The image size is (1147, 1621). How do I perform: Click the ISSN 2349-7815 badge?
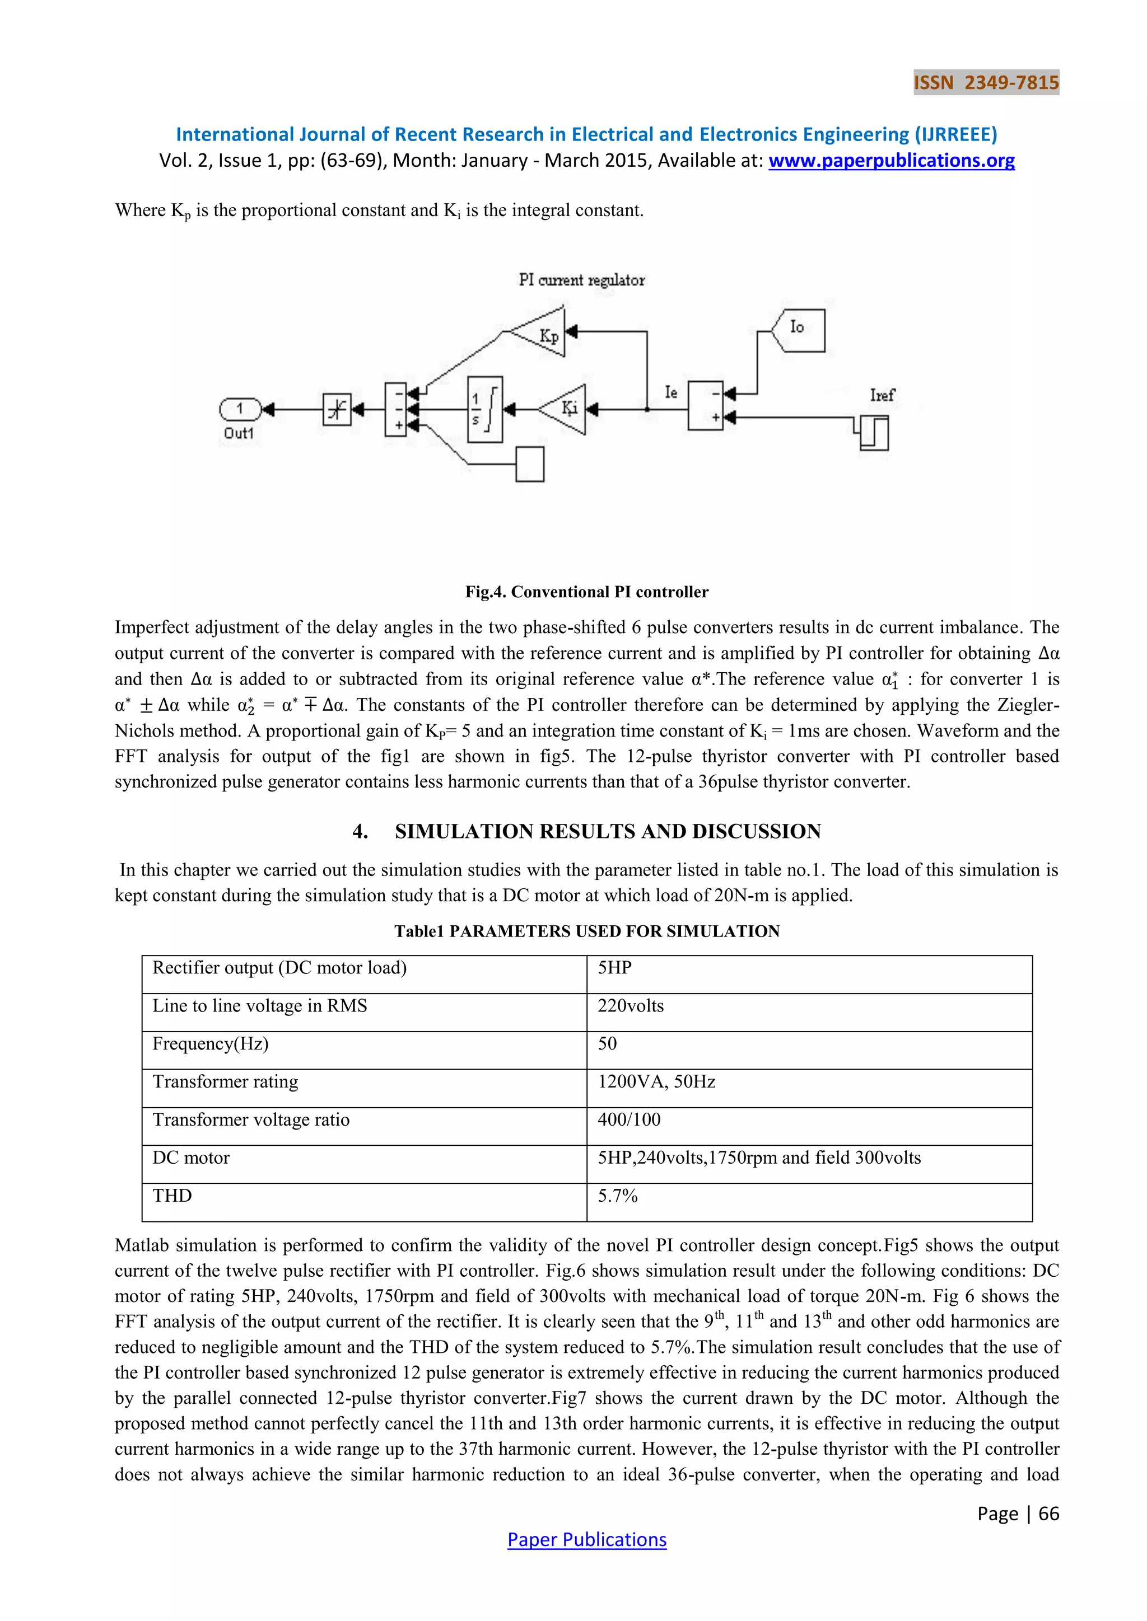pyautogui.click(x=986, y=83)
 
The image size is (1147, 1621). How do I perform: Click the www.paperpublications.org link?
pyautogui.click(x=891, y=161)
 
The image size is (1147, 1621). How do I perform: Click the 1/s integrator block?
pyautogui.click(x=484, y=410)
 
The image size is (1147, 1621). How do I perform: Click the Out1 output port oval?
pyautogui.click(x=240, y=408)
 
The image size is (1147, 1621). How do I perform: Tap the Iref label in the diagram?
pyautogui.click(x=882, y=395)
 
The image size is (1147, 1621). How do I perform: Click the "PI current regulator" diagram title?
pyautogui.click(x=581, y=280)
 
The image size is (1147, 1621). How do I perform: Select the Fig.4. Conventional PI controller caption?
pyautogui.click(x=586, y=592)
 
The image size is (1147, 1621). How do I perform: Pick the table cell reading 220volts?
pyautogui.click(x=631, y=1006)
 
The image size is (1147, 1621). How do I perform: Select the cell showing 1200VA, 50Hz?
pyautogui.click(x=656, y=1081)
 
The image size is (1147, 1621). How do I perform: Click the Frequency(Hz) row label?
pyautogui.click(x=211, y=1043)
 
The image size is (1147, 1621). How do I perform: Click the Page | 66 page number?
pyautogui.click(x=1018, y=1514)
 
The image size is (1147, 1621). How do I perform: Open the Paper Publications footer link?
pyautogui.click(x=586, y=1540)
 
